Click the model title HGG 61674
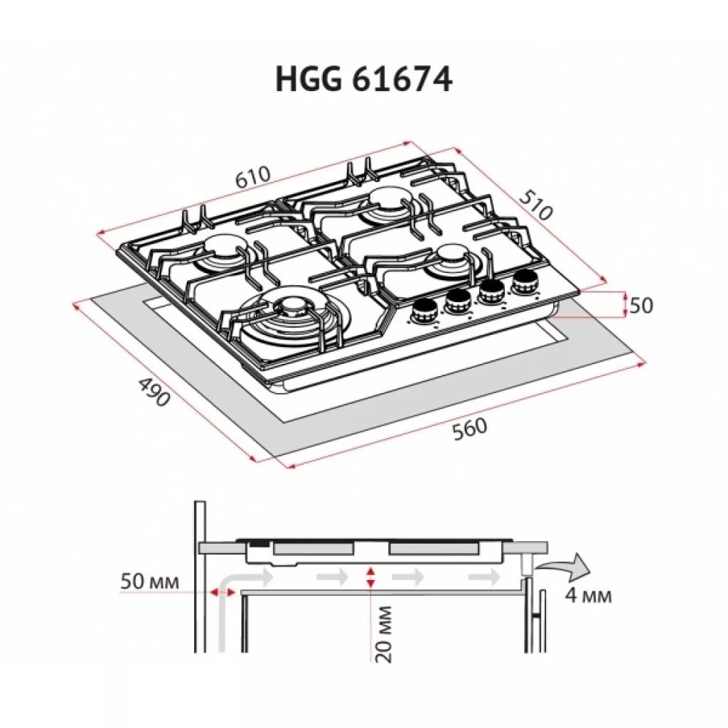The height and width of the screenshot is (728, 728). point(363,79)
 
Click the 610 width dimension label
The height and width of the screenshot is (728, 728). point(252,177)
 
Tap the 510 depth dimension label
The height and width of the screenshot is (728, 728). point(536,204)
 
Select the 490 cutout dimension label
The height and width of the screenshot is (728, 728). point(154,392)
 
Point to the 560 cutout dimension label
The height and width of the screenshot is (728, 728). point(470,429)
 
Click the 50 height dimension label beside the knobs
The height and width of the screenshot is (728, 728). point(641,305)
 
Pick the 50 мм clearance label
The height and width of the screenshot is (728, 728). point(149,582)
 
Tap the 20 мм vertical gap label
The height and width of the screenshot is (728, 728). point(383,633)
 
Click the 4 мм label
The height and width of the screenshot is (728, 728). point(588,595)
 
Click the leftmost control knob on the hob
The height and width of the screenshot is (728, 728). point(424,311)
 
